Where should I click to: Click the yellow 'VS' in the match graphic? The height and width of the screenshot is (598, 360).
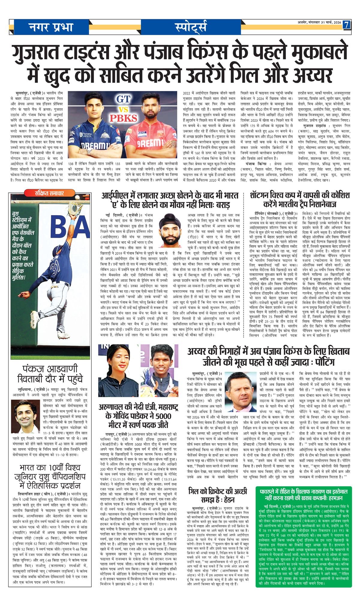(x=123, y=109)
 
